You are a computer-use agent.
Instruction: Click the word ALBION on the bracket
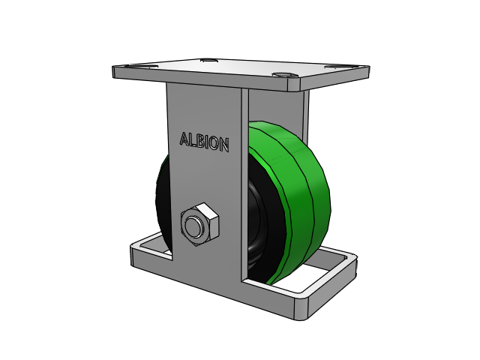tap(205, 142)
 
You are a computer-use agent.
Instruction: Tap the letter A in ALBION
tap(184, 139)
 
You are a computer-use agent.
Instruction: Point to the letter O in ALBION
tap(215, 144)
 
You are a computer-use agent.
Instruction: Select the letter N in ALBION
tap(224, 145)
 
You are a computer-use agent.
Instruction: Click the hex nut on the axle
tap(200, 224)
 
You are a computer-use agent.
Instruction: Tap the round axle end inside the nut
tap(193, 226)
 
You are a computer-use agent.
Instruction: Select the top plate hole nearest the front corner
tap(285, 75)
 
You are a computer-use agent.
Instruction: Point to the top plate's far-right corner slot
tap(340, 67)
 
